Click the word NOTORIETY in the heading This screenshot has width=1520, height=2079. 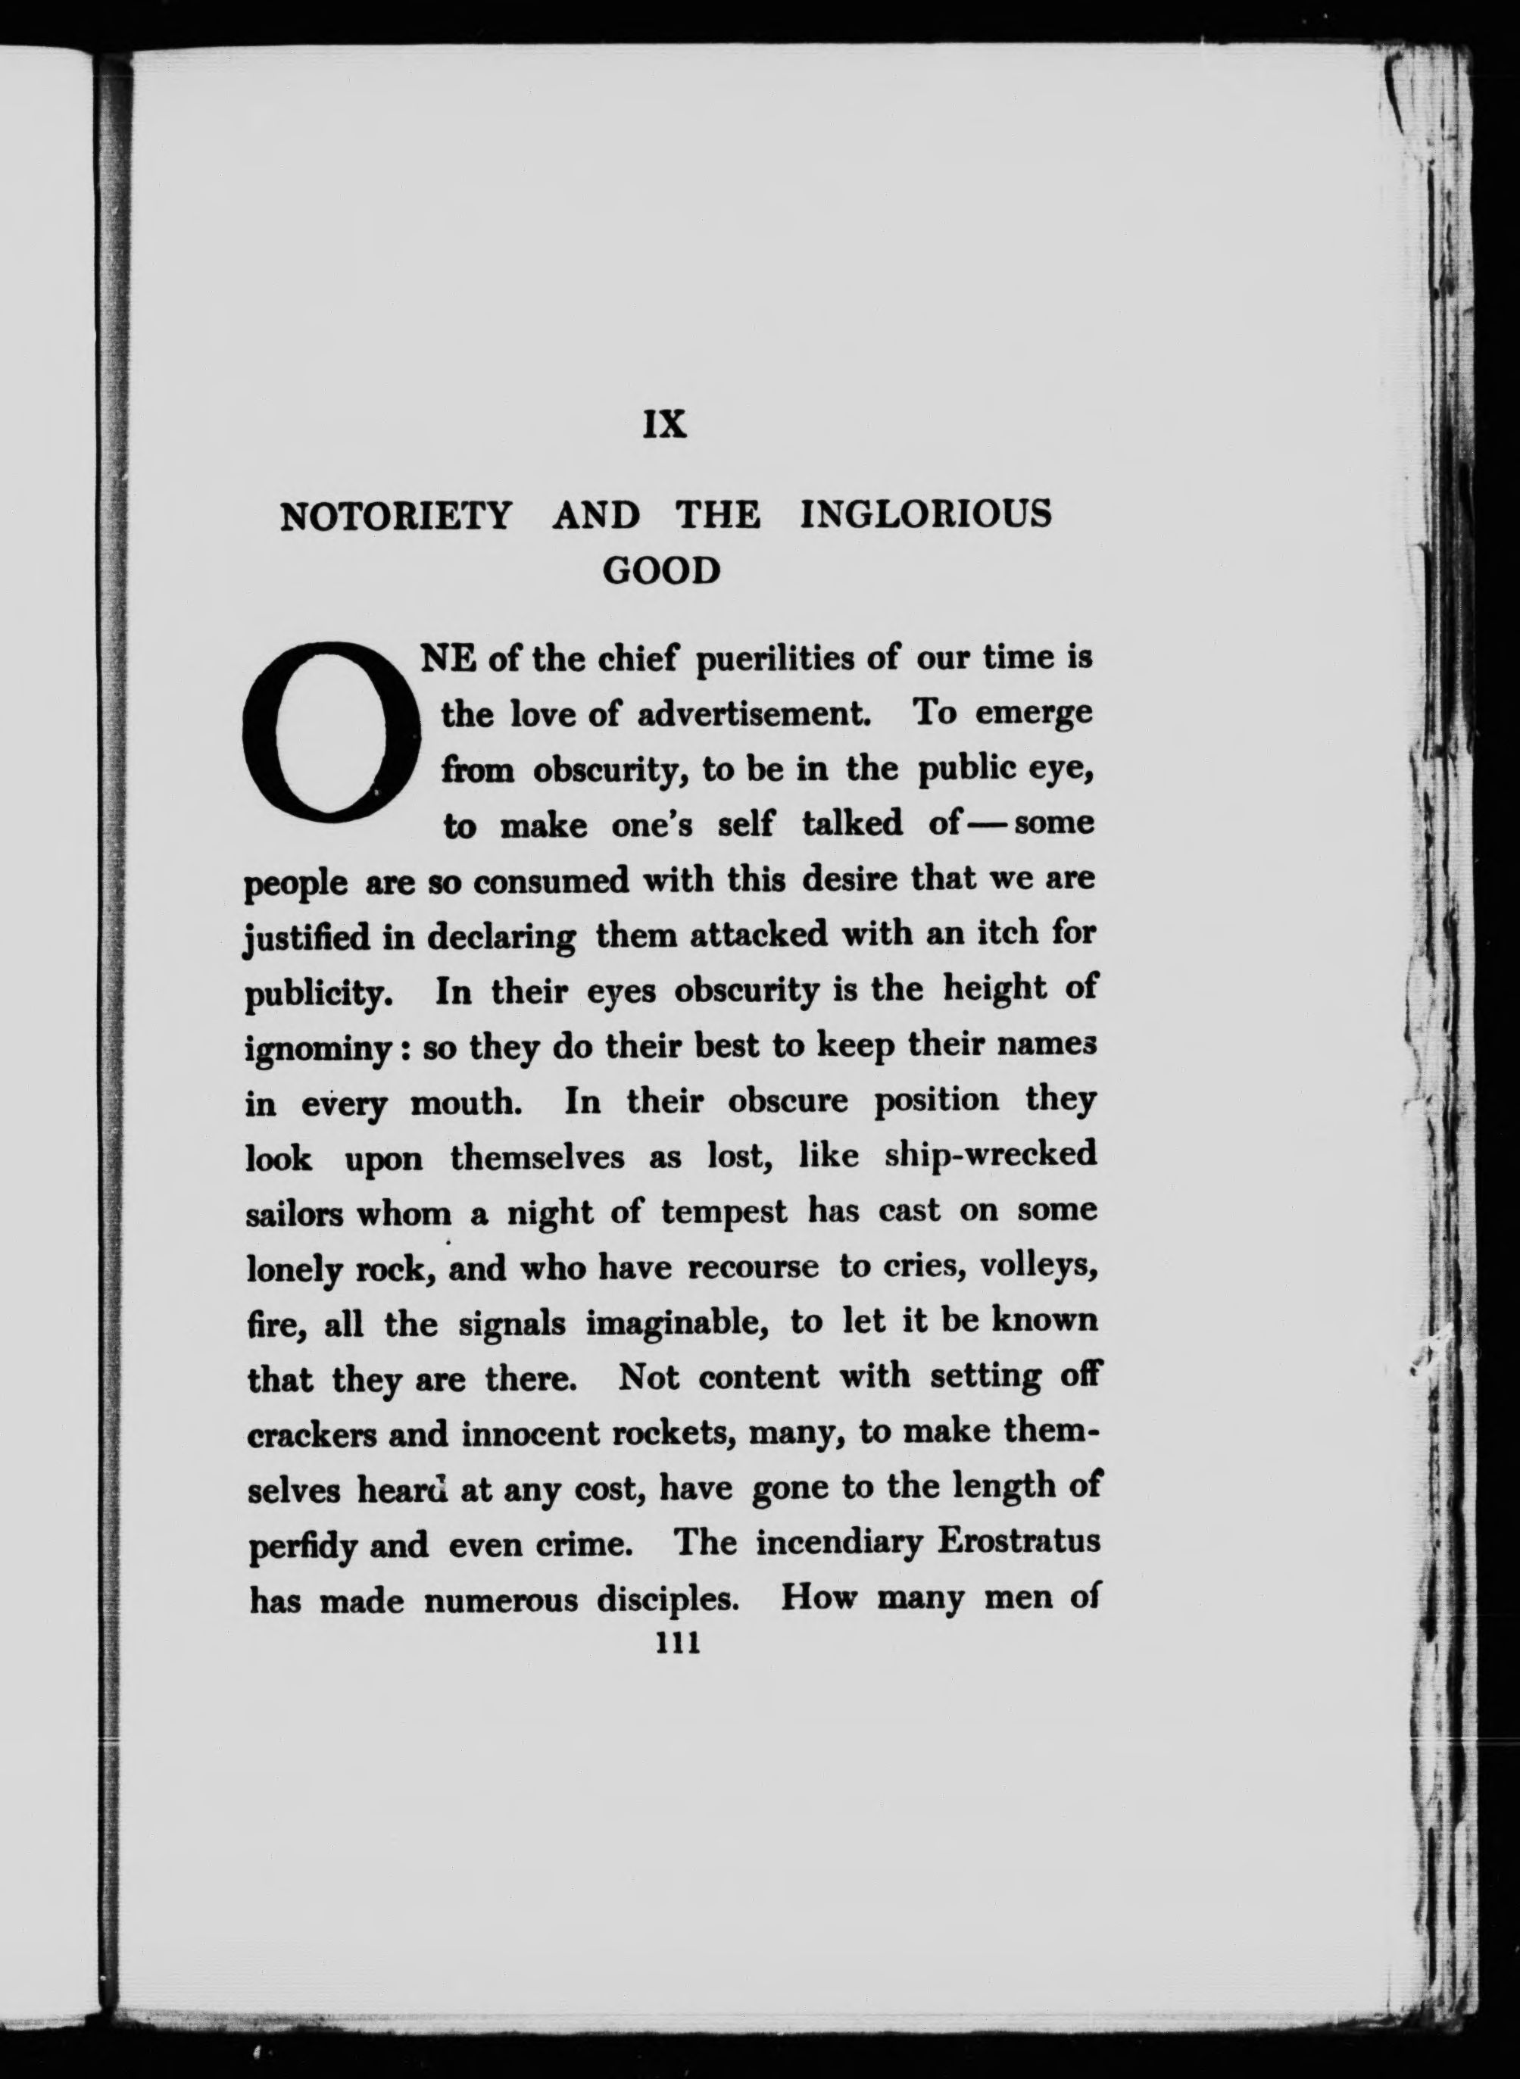click(x=395, y=515)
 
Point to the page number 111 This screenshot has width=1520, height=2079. click(x=677, y=1643)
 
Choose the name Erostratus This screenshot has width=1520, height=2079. click(x=1018, y=1542)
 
